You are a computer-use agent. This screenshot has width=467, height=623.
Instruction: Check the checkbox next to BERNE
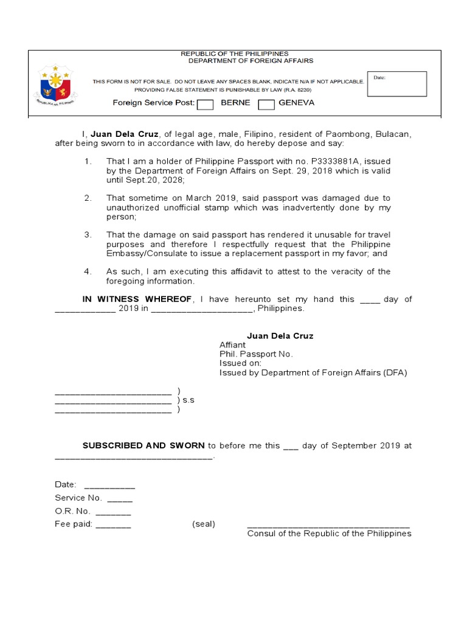pos(206,105)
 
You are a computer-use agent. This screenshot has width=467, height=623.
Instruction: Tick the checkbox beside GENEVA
pos(266,105)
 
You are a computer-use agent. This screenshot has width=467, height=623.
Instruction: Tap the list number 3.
pos(88,234)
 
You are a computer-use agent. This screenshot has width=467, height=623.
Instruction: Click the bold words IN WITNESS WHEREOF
pos(137,299)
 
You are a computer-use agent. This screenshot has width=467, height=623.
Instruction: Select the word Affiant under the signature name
pos(232,345)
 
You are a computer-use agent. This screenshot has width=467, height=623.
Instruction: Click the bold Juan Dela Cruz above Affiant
pos(280,336)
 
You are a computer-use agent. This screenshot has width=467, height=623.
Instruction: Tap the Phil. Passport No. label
pos(256,354)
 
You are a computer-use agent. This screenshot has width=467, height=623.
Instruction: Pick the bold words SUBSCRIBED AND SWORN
pos(144,445)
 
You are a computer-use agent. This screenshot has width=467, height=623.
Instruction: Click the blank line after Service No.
pos(120,499)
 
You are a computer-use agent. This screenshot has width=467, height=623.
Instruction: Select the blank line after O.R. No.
pos(112,512)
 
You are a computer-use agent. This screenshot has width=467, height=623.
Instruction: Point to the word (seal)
pos(204,524)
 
